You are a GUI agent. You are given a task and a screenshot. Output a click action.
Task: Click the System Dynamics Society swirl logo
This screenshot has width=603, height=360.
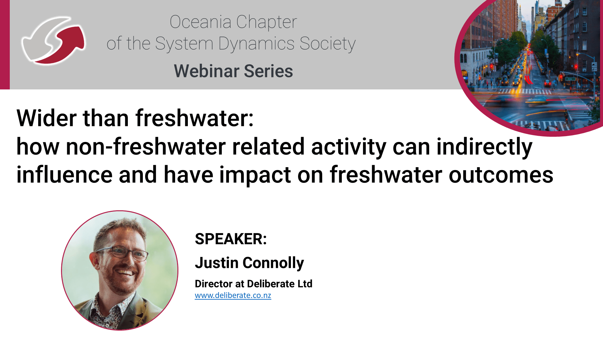click(53, 40)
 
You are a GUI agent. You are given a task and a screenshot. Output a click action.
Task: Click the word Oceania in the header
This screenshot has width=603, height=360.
click(201, 22)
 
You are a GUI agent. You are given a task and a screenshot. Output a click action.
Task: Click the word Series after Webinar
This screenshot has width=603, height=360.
click(268, 71)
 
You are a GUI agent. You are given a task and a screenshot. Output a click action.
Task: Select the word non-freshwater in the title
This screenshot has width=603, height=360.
click(146, 147)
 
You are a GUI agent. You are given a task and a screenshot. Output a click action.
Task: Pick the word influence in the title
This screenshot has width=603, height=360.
click(65, 175)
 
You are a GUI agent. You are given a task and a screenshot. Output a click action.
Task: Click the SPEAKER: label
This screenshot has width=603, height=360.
click(231, 239)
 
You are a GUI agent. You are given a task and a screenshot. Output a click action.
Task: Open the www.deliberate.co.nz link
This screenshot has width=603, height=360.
click(233, 295)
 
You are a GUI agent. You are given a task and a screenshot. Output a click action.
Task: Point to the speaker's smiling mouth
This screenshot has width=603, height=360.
click(126, 272)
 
